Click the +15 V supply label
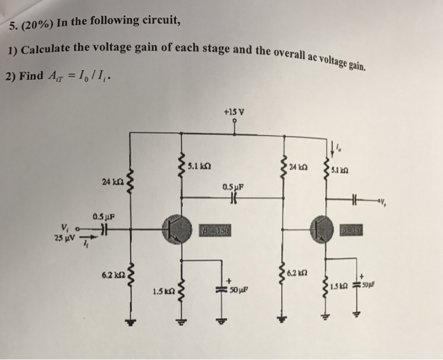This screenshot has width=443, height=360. coord(234,113)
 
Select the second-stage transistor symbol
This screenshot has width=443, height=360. coord(323,229)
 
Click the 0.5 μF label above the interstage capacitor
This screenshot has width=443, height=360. coord(234,187)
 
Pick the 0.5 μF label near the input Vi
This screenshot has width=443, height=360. coord(104,216)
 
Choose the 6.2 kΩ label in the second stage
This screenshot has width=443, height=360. coord(300,273)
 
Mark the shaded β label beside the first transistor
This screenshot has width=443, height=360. coord(216,229)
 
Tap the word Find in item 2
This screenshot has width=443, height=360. coord(32,76)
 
